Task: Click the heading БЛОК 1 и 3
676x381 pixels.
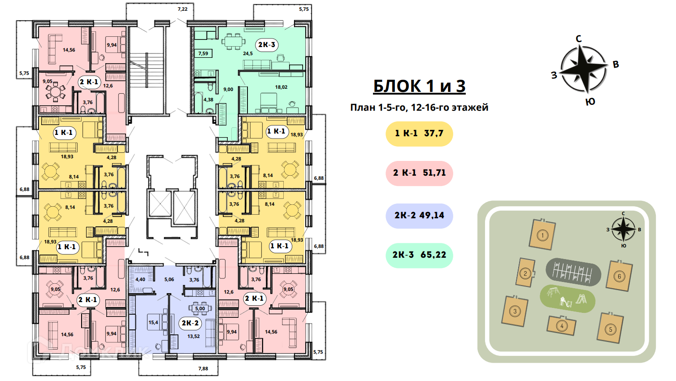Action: point(419,86)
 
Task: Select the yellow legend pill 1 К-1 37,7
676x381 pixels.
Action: point(419,134)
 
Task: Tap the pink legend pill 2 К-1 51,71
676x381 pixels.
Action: point(419,173)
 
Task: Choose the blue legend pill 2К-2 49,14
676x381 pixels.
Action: point(419,216)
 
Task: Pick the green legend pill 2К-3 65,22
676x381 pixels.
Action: point(419,255)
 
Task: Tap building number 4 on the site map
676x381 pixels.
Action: point(562,326)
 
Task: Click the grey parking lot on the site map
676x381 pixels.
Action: point(573,272)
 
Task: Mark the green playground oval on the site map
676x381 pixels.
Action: point(568,299)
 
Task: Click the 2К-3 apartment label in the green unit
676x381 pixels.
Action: point(267,45)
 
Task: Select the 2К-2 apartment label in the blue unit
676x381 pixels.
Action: point(190,323)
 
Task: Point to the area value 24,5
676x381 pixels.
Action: point(248,53)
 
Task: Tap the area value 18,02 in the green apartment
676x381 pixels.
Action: point(281,87)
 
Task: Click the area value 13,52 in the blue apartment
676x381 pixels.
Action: point(194,336)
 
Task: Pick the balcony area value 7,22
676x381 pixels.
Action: point(182,9)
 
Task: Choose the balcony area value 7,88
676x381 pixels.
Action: point(203,368)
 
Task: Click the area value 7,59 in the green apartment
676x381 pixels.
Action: point(203,54)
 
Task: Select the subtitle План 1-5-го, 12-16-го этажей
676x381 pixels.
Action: point(419,108)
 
